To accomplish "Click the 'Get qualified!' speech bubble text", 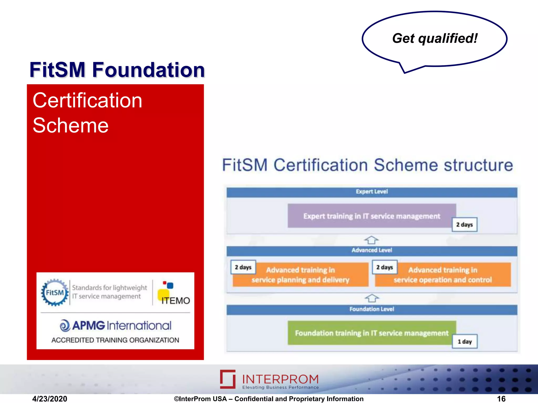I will [x=435, y=39].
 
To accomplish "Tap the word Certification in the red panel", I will [x=87, y=100].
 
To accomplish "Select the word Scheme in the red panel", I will [x=70, y=125].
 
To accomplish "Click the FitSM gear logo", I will [x=55, y=292].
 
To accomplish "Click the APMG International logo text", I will [x=116, y=326].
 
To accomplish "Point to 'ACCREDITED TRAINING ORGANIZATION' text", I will [x=115, y=340].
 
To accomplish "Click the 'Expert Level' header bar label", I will [x=371, y=192].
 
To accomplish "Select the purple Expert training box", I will [x=371, y=216].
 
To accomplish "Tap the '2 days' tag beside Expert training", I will [x=464, y=225].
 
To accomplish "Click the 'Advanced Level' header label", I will [x=371, y=250].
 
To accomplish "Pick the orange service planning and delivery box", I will [x=301, y=275].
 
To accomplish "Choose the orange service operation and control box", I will [x=443, y=275].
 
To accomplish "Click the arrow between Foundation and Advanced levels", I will [x=371, y=298].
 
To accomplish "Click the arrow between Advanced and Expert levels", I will [x=371, y=240].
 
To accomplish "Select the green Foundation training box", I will [x=371, y=333].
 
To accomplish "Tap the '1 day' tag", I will [x=464, y=342].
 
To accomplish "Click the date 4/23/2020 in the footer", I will [x=50, y=399].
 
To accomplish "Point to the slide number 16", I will [x=501, y=399].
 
